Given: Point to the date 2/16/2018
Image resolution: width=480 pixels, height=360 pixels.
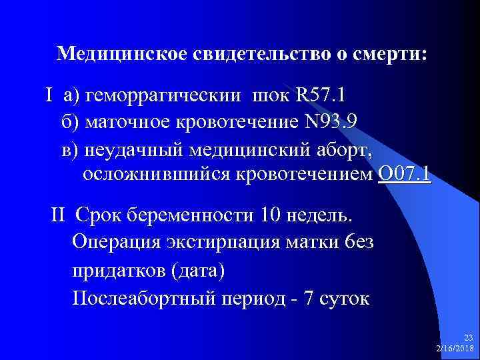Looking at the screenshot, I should click(455, 348).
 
